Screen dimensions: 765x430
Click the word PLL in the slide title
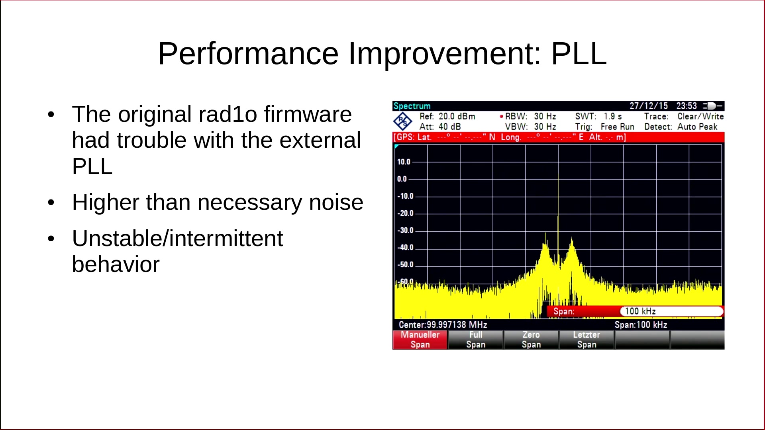coord(579,53)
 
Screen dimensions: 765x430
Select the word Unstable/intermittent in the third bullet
coord(178,238)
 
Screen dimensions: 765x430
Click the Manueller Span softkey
coord(420,340)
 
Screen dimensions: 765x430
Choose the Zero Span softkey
coord(531,340)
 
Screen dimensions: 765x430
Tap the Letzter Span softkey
coord(586,340)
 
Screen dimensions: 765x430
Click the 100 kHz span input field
coord(672,311)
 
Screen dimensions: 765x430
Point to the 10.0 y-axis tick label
coord(404,162)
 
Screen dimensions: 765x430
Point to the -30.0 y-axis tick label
coord(405,231)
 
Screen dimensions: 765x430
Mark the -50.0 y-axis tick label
coord(405,265)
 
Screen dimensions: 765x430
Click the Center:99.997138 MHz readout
coord(443,325)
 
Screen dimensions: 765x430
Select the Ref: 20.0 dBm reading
coord(447,116)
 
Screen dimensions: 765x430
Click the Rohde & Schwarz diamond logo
coord(403,121)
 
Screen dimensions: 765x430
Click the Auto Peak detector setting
coord(697,127)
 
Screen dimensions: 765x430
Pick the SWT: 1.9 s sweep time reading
coord(598,116)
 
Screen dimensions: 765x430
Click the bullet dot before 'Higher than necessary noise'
coord(51,203)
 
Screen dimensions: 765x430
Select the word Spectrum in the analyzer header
coord(412,106)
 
